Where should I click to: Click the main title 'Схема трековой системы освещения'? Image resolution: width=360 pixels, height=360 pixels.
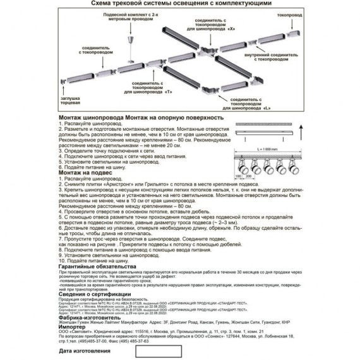[180, 4]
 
